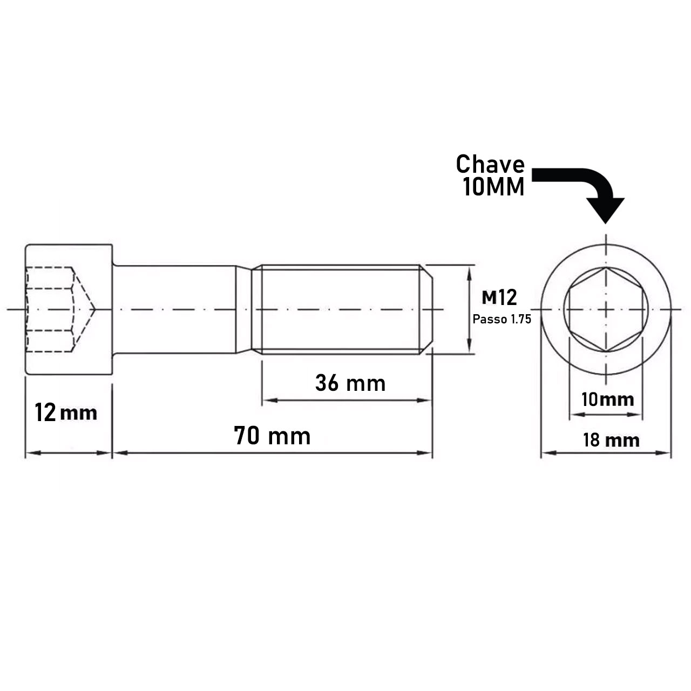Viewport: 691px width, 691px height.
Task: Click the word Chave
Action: click(490, 164)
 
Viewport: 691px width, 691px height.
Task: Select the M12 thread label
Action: click(499, 297)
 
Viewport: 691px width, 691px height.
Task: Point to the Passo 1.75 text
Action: click(502, 319)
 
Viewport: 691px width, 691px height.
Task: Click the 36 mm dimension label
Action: click(350, 383)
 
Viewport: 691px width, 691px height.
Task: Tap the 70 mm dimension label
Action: click(272, 436)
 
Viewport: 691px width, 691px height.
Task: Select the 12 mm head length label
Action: click(66, 413)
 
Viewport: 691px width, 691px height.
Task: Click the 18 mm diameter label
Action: click(611, 440)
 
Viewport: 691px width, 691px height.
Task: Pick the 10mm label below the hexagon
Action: click(607, 399)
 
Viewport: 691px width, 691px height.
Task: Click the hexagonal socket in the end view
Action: click(606, 309)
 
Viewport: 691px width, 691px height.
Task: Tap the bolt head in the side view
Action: click(69, 309)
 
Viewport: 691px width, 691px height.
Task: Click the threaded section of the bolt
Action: click(340, 309)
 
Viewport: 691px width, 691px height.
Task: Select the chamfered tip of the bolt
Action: click(426, 309)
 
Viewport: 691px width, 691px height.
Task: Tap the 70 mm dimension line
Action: click(272, 452)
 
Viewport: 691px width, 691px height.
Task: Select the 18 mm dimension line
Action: click(606, 452)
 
